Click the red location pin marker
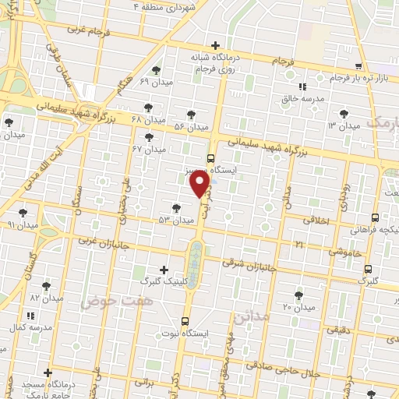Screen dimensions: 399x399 pyautogui.click(x=200, y=183)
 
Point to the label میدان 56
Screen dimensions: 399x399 pyautogui.click(x=191, y=126)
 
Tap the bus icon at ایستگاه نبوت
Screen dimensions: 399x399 pyautogui.click(x=185, y=321)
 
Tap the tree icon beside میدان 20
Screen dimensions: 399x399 pyautogui.click(x=299, y=295)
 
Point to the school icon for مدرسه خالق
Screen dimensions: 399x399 pyautogui.click(x=302, y=86)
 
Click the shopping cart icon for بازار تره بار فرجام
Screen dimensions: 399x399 pyautogui.click(x=358, y=67)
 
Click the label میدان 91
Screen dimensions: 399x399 pyautogui.click(x=20, y=224)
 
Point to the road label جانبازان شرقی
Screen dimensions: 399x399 pyautogui.click(x=249, y=263)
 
